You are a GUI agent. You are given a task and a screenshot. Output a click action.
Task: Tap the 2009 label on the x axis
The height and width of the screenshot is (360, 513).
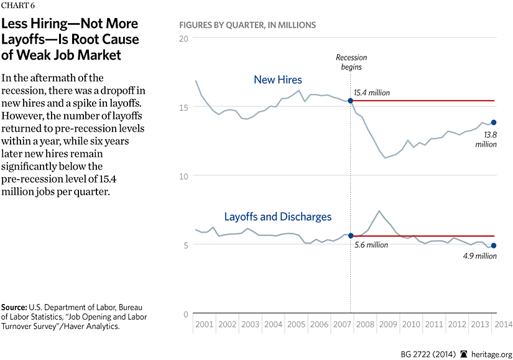pyautogui.click(x=388, y=325)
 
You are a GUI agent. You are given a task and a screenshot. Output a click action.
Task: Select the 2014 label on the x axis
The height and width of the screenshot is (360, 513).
pyautogui.click(x=502, y=325)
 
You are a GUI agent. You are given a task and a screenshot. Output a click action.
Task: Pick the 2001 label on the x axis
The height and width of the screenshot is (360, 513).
pyautogui.click(x=204, y=325)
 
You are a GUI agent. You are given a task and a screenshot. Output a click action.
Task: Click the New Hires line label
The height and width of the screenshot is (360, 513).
pyautogui.click(x=278, y=80)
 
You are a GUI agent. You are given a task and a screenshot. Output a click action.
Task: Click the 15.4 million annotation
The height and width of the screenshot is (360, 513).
pyautogui.click(x=373, y=93)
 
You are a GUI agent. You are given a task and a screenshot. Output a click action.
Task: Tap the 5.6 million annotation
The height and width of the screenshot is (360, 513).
pyautogui.click(x=371, y=245)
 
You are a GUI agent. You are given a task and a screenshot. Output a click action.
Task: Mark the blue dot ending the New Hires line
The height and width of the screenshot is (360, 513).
pyautogui.click(x=494, y=122)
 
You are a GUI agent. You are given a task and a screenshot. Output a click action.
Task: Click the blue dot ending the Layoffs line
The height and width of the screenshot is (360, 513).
pyautogui.click(x=494, y=246)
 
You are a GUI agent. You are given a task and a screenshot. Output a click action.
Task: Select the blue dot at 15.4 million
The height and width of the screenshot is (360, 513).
pyautogui.click(x=351, y=100)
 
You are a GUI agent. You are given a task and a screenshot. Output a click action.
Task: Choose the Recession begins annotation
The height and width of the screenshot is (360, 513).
pyautogui.click(x=351, y=62)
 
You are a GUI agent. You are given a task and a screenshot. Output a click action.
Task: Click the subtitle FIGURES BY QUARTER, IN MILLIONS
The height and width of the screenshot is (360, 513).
pyautogui.click(x=247, y=25)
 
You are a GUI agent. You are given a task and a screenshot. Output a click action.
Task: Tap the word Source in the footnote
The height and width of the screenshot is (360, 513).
pyautogui.click(x=17, y=308)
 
